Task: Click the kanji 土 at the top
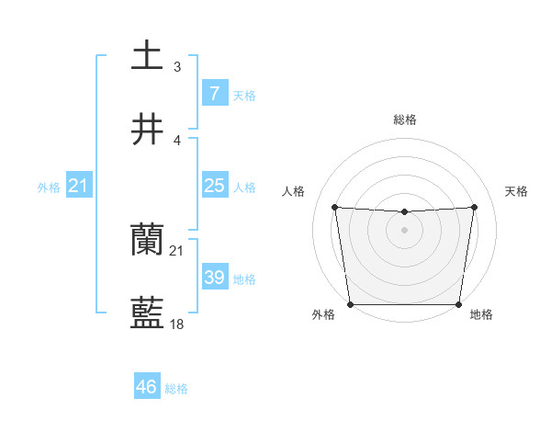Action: coord(148,55)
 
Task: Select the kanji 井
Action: coord(148,128)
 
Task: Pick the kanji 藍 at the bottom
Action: coord(148,313)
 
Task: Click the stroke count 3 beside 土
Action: coord(176,66)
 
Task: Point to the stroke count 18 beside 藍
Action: coord(177,324)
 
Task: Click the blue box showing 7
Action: coord(214,94)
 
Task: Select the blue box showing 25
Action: coord(214,186)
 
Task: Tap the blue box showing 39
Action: coord(214,278)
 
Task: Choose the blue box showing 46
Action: coord(147,387)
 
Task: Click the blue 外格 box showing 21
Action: coord(78,186)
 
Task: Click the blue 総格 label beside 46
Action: coord(176,389)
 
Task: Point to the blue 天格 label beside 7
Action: coord(244,96)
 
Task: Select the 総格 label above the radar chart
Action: coord(404,119)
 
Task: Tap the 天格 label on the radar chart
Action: coord(517,191)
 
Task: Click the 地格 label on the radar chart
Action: coord(481,315)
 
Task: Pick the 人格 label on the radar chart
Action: coord(294,191)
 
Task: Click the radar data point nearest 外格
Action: coord(350,304)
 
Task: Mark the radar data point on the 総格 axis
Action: coord(404,212)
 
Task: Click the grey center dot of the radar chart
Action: coord(404,230)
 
